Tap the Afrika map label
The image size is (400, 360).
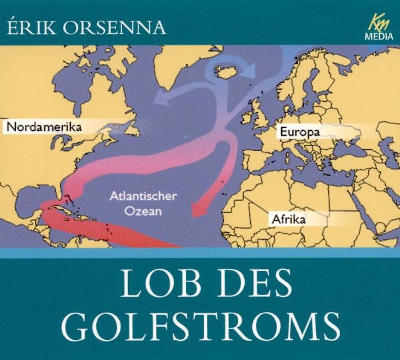(288, 220)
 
